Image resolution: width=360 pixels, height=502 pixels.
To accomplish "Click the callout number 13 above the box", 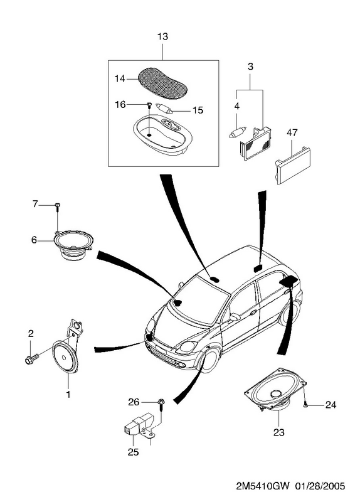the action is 162,36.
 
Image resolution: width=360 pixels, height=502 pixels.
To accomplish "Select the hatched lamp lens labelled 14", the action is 162,82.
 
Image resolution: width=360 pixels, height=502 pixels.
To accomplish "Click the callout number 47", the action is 292,132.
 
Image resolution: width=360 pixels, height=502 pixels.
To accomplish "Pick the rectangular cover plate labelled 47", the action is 292,165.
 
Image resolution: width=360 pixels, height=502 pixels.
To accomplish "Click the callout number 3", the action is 250,67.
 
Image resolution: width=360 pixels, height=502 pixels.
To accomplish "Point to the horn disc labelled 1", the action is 65,357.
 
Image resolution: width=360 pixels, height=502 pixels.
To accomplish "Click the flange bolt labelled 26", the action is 161,405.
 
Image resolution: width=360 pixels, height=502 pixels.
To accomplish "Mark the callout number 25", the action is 134,452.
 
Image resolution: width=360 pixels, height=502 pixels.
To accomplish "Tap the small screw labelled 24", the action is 305,405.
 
